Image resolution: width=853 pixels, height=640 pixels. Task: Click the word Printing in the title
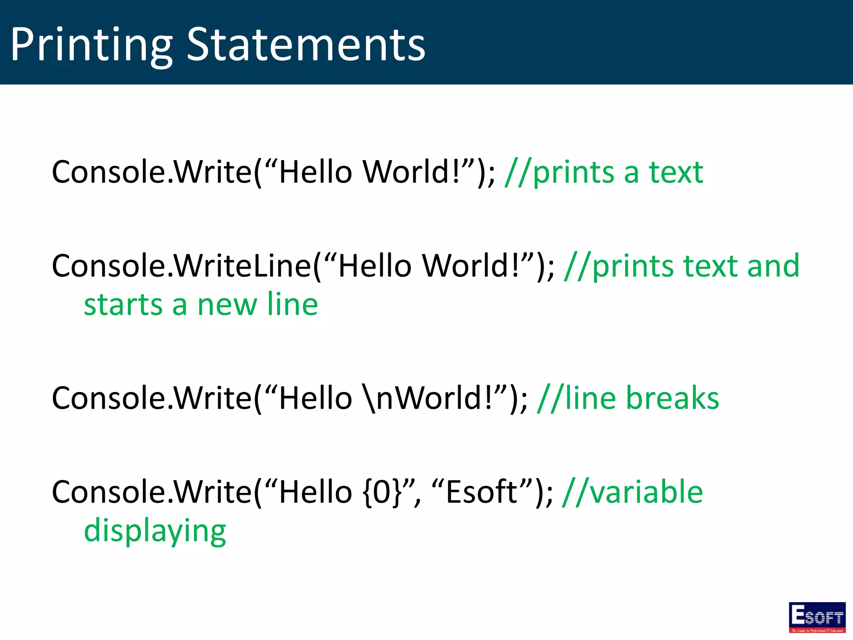[x=91, y=45]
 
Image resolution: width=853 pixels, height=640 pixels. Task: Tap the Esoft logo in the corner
[x=817, y=617]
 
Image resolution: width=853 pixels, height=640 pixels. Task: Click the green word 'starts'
[x=123, y=305]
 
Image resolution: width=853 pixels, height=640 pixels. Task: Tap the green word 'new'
[x=227, y=305]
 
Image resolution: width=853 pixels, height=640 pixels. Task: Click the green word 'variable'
[x=646, y=492]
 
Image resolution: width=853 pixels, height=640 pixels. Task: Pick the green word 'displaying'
[x=155, y=531]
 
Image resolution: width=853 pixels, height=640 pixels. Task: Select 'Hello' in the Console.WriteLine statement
[x=375, y=266]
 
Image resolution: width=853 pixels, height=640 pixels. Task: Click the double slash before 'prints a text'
[x=518, y=173]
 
